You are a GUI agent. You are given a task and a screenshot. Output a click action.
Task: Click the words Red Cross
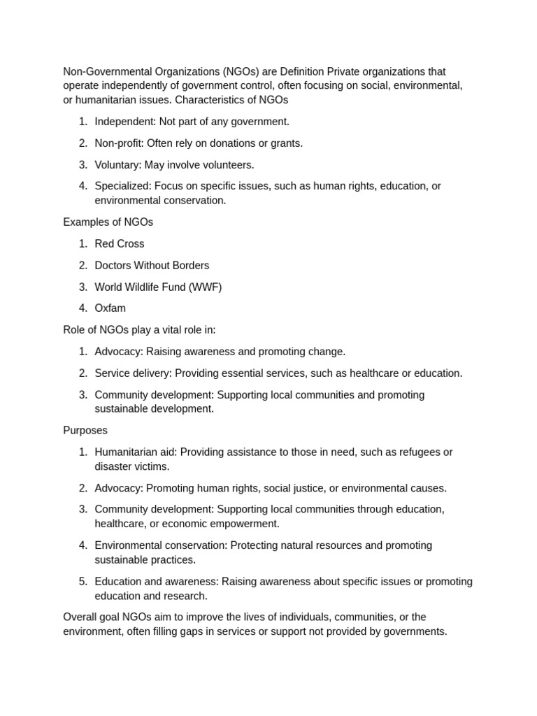coord(120,244)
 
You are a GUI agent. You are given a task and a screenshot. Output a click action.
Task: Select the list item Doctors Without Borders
coord(152,266)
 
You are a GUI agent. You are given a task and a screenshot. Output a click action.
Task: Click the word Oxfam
coord(110,308)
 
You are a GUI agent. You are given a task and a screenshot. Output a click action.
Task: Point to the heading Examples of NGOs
coord(108,222)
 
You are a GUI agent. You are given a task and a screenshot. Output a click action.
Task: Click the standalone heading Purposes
coord(85,431)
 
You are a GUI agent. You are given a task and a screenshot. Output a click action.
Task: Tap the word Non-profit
coord(119,143)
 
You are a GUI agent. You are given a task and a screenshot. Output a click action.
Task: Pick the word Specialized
coord(122,186)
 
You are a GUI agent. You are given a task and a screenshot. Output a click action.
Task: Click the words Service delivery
coord(133,373)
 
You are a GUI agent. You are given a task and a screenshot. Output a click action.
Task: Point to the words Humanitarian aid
coord(136,452)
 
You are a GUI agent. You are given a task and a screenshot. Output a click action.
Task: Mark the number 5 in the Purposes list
coord(83,582)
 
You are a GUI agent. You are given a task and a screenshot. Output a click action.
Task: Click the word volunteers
coord(222,165)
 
